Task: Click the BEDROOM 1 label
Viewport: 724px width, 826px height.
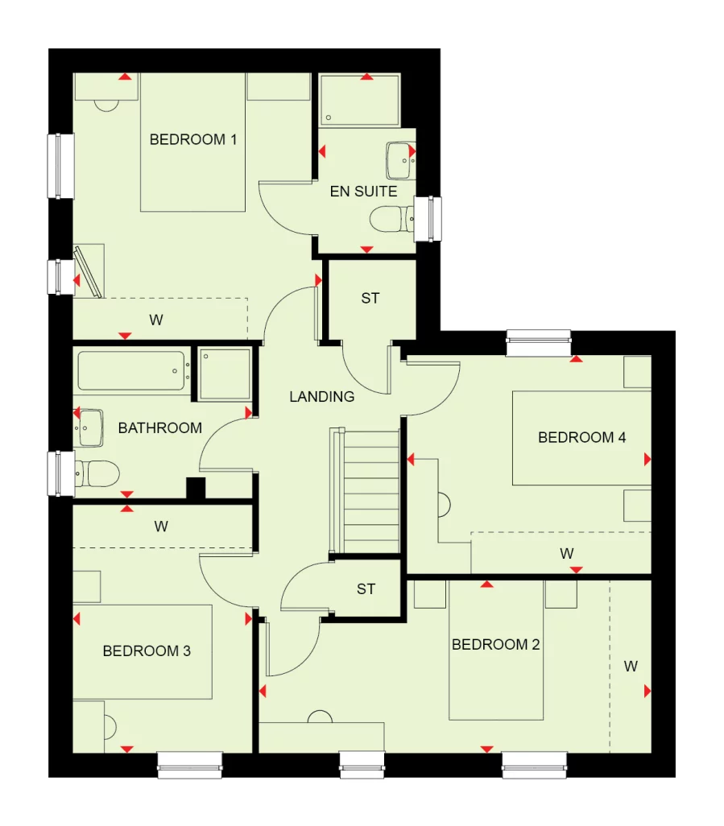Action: pyautogui.click(x=193, y=140)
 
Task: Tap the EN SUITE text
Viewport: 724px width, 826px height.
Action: pyautogui.click(x=363, y=192)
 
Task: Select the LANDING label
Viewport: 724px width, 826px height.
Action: pyautogui.click(x=322, y=396)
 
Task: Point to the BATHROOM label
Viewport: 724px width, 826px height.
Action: pyautogui.click(x=159, y=427)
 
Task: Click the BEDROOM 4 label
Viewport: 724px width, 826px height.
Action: pyautogui.click(x=581, y=438)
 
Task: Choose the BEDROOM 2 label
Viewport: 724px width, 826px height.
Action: pyautogui.click(x=495, y=645)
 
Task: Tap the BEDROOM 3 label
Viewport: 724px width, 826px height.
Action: pyautogui.click(x=147, y=650)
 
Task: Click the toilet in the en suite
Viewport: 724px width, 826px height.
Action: pyautogui.click(x=389, y=218)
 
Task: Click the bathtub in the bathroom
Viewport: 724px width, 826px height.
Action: pyautogui.click(x=134, y=371)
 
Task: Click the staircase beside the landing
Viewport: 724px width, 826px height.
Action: pyautogui.click(x=365, y=491)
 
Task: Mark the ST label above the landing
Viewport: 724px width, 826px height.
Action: pyautogui.click(x=370, y=299)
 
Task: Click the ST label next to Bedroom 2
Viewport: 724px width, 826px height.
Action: pyautogui.click(x=366, y=589)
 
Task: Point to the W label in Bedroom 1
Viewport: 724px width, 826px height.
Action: pyautogui.click(x=156, y=320)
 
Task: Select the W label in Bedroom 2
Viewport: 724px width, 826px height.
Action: pyautogui.click(x=631, y=666)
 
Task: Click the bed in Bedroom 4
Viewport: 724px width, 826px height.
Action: pyautogui.click(x=581, y=438)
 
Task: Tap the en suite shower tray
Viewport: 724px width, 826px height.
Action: pyautogui.click(x=359, y=101)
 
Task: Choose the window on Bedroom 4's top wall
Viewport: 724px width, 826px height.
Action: pyautogui.click(x=538, y=343)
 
